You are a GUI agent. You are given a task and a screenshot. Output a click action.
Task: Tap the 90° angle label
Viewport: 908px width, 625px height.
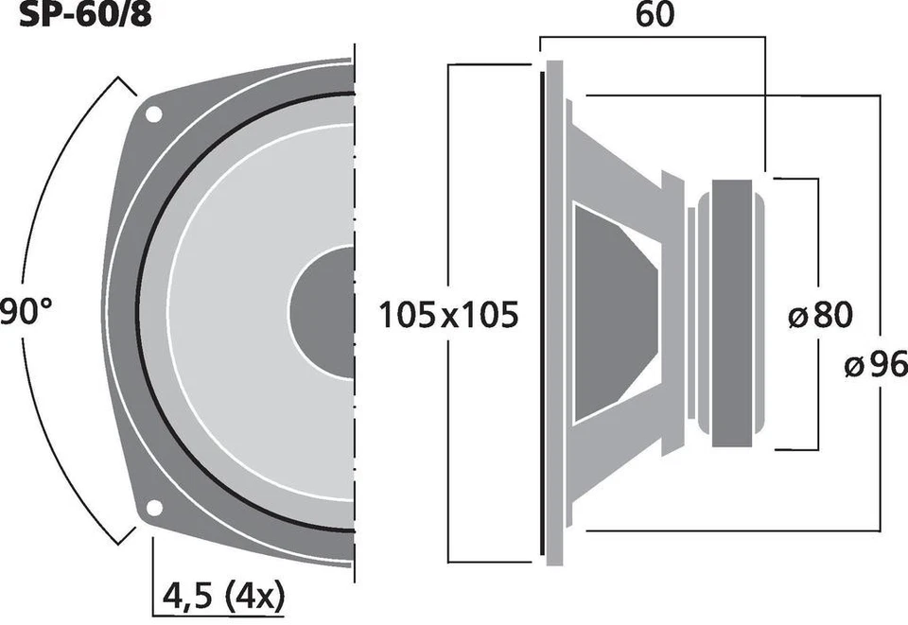(x=20, y=313)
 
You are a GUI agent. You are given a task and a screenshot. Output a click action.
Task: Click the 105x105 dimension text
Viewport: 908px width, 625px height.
(x=448, y=314)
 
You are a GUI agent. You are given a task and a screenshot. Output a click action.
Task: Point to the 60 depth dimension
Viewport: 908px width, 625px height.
(x=655, y=16)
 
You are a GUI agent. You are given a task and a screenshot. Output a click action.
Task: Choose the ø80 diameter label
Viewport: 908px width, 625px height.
(x=820, y=314)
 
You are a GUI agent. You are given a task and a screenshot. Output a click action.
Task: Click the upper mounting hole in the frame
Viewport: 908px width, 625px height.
(x=152, y=114)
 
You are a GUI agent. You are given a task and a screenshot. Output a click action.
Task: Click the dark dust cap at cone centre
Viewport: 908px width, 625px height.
(x=322, y=312)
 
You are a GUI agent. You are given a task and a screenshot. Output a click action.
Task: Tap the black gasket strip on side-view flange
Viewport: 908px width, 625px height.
(x=542, y=312)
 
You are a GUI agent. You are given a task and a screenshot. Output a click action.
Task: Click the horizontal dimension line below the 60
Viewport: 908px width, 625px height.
(x=653, y=37)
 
